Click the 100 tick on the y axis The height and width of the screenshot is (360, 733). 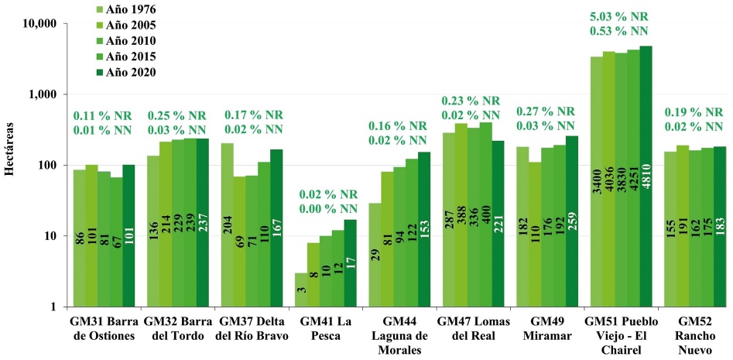pyautogui.click(x=47, y=166)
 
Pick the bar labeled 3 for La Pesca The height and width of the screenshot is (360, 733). pyautogui.click(x=301, y=290)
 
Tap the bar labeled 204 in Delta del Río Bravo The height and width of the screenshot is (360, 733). pyautogui.click(x=227, y=225)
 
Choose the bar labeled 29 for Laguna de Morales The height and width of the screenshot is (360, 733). pyautogui.click(x=375, y=255)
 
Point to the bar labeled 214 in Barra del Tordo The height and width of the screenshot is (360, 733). pyautogui.click(x=166, y=224)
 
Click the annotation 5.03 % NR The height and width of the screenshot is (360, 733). pyautogui.click(x=618, y=15)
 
